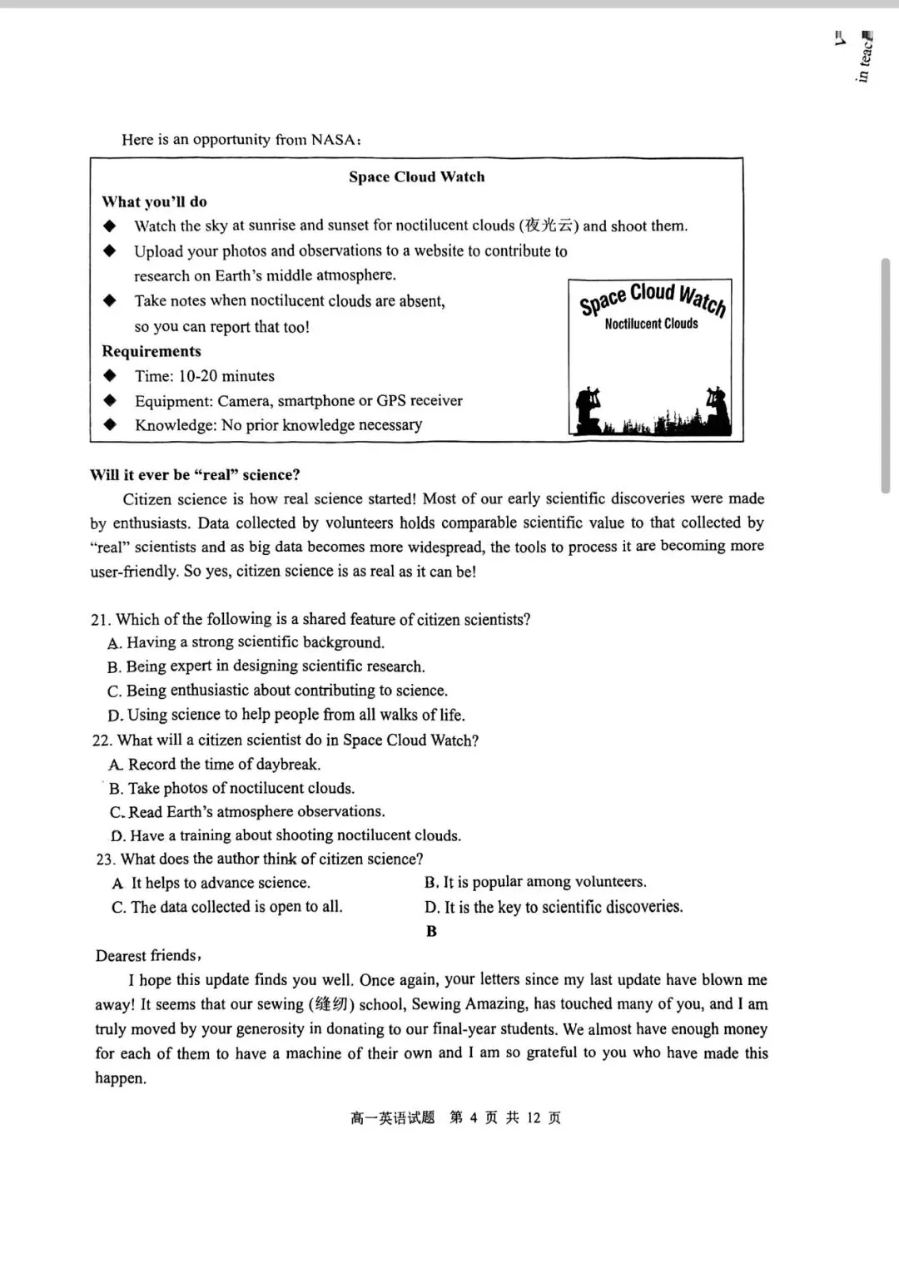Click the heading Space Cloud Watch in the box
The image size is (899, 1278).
[416, 176]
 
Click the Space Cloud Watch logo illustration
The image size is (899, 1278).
[651, 357]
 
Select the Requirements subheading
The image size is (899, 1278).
[151, 351]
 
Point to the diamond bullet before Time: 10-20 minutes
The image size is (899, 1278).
[110, 375]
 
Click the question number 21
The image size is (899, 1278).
[100, 620]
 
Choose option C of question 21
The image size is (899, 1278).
[278, 691]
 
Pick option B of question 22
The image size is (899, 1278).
[232, 788]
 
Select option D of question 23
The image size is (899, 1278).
[554, 907]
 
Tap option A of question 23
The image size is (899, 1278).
[211, 883]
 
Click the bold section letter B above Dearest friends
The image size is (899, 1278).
[431, 931]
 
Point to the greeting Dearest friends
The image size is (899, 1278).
[147, 956]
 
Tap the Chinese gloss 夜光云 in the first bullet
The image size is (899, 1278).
[549, 225]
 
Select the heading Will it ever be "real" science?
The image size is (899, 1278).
[195, 475]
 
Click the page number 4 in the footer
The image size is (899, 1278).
[473, 1117]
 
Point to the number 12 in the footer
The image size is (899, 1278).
[534, 1117]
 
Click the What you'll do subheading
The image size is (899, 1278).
[154, 201]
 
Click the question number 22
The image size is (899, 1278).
[102, 741]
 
